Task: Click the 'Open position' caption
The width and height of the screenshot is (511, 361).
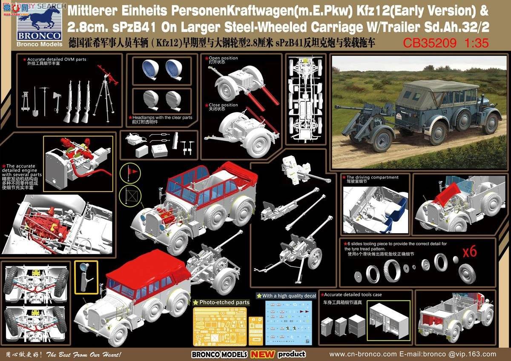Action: (x=224, y=58)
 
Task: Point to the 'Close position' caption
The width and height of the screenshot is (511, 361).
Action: (x=224, y=105)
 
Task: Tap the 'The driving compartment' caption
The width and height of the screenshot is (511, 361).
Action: (x=373, y=177)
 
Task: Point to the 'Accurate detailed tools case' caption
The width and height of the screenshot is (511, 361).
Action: (x=353, y=295)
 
